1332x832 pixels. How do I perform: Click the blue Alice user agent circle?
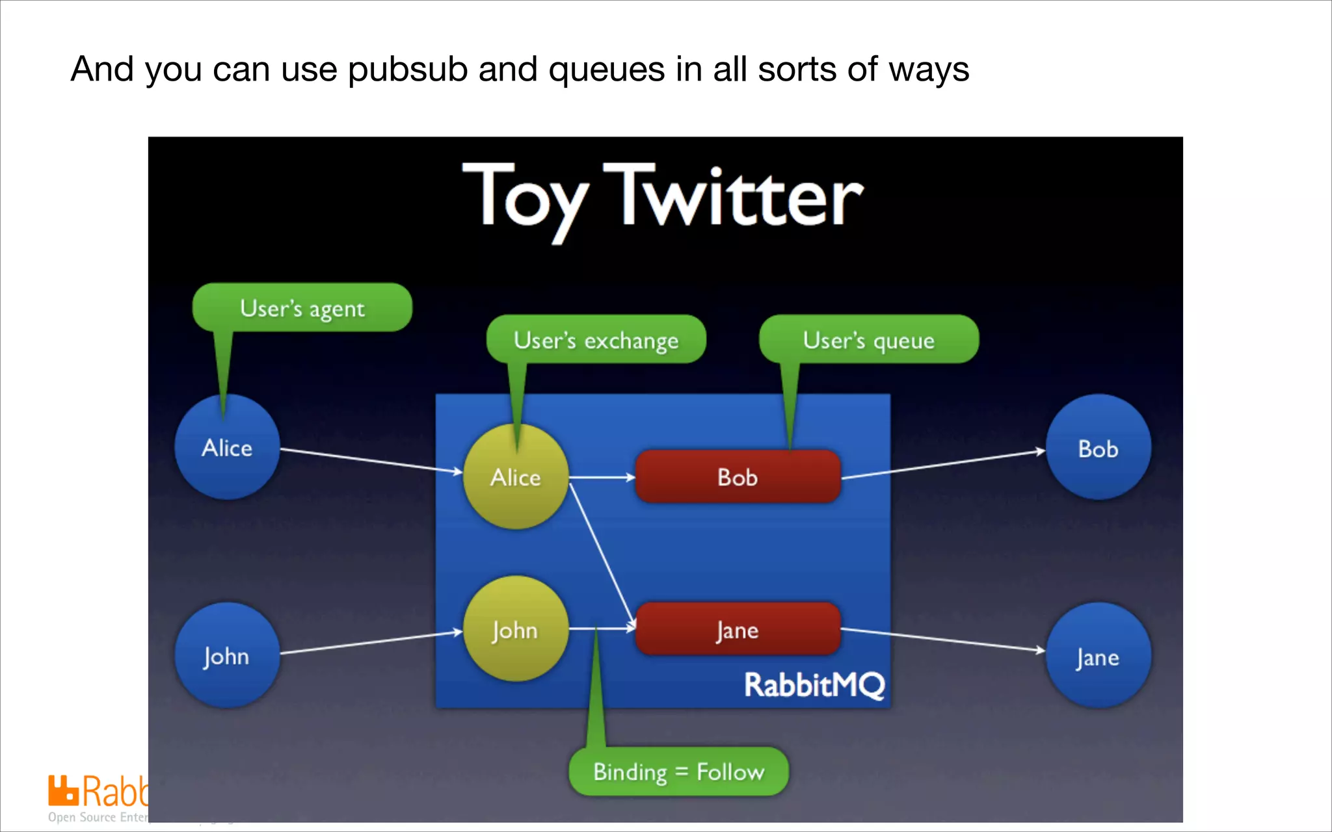227,447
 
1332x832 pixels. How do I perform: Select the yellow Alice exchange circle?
516,477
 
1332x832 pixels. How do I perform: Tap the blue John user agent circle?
227,655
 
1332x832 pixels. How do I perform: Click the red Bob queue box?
738,476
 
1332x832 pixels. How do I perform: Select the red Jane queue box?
738,629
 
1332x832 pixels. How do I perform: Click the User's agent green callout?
302,307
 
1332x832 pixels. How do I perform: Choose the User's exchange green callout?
596,339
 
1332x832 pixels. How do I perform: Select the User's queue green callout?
869,339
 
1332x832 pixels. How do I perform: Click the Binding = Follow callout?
678,772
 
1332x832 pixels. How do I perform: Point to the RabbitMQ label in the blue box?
814,684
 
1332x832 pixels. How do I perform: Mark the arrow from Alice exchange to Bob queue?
602,477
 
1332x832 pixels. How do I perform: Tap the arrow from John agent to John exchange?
371,642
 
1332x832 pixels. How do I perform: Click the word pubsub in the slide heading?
408,69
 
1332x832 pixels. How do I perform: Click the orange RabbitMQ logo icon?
63,790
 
